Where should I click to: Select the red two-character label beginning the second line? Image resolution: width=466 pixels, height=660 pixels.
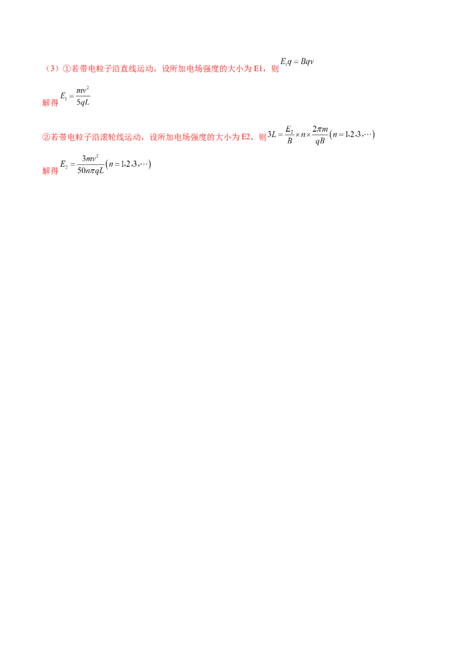click(x=51, y=103)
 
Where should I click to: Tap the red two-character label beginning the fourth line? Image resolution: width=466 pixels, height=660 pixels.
click(x=51, y=172)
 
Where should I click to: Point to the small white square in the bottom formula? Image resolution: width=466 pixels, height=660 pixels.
click(x=142, y=160)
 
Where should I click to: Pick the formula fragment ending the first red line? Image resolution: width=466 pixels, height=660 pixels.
click(x=297, y=63)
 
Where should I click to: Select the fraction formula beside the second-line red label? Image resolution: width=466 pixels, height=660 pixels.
click(x=76, y=96)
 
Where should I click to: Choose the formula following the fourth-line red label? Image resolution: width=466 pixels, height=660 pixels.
click(x=108, y=165)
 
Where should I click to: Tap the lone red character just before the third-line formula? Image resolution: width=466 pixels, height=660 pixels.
click(x=262, y=138)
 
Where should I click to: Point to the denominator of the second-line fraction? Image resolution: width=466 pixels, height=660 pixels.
click(x=82, y=103)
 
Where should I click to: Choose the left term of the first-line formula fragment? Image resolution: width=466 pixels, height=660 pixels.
click(x=288, y=62)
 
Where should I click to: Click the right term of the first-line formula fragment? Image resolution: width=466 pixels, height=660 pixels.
click(x=308, y=62)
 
